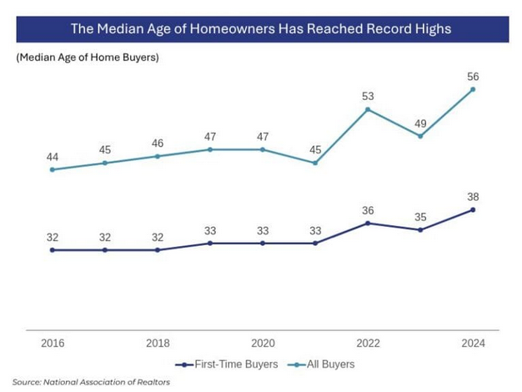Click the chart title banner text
[261, 29]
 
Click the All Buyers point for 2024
[474, 89]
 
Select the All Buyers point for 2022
[368, 109]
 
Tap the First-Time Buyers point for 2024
[474, 209]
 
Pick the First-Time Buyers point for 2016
[52, 249]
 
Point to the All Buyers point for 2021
[315, 163]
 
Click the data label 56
[474, 77]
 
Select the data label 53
[368, 97]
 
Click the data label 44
[52, 157]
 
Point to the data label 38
[474, 197]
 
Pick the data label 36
[368, 210]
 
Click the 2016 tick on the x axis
[52, 343]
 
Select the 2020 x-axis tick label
[263, 343]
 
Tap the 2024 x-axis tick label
[474, 343]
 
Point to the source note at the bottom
[91, 382]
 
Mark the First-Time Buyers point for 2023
[420, 229]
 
